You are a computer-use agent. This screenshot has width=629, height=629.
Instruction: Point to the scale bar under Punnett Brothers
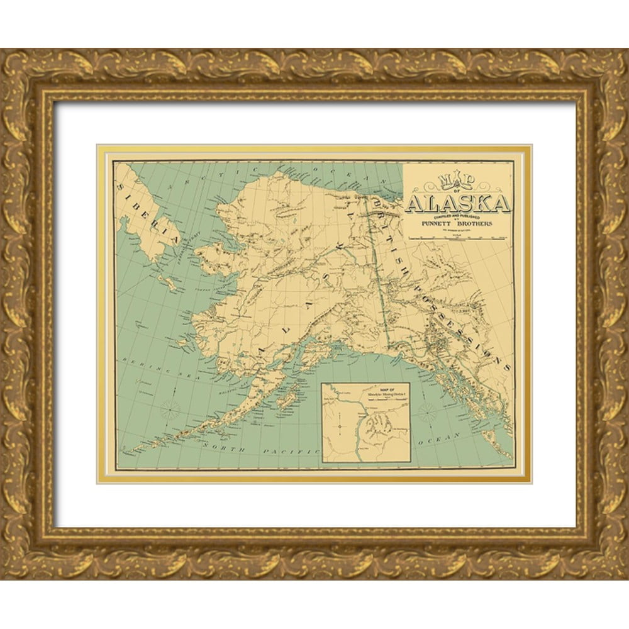point(458,238)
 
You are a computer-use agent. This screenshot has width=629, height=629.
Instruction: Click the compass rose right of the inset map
point(427,413)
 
